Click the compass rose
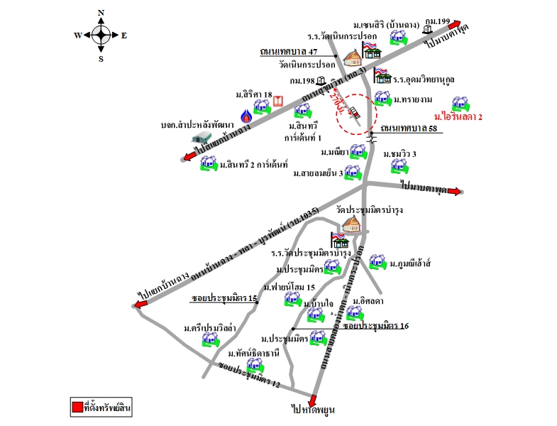(101, 34)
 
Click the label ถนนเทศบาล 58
(412, 129)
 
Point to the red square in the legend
(77, 408)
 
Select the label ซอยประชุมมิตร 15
(224, 298)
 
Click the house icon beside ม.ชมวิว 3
(399, 166)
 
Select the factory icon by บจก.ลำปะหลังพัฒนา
(204, 137)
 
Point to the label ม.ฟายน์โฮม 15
(289, 287)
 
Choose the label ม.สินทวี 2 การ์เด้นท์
(253, 165)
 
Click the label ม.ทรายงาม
(412, 100)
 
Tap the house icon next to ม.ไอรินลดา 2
(460, 103)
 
